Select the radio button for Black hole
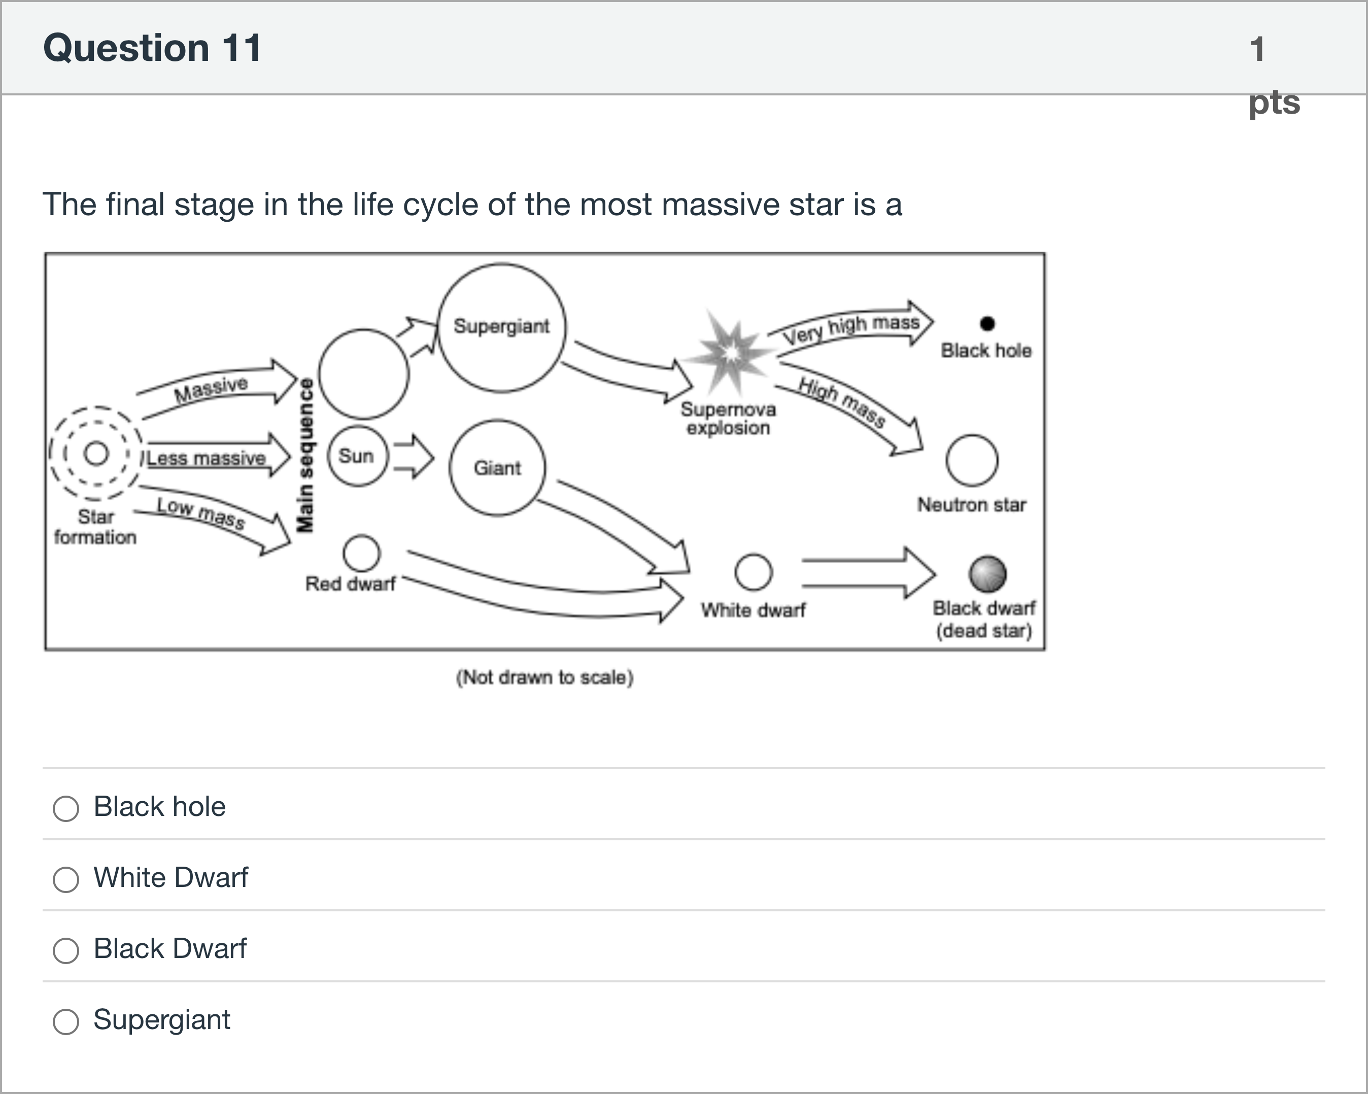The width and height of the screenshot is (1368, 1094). (x=66, y=808)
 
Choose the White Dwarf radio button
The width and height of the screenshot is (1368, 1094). (x=66, y=879)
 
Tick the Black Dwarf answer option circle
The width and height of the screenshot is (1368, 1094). (x=66, y=950)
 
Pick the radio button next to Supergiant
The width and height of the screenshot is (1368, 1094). (x=66, y=1021)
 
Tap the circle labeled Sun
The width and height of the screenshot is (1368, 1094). (x=357, y=456)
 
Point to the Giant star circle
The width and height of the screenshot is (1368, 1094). (x=497, y=468)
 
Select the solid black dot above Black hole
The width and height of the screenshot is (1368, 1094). (x=986, y=324)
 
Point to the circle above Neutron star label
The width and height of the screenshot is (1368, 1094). (x=971, y=460)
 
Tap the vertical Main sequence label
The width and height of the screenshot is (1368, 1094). (x=306, y=455)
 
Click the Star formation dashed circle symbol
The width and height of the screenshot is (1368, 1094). (x=96, y=453)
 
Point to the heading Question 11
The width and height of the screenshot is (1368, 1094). (x=152, y=48)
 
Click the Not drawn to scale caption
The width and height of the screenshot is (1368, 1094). (x=544, y=677)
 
